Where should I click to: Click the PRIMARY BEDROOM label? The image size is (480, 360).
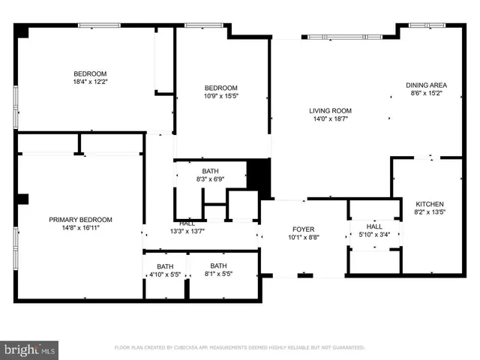coord(80,220)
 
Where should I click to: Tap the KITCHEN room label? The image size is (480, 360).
coord(429,204)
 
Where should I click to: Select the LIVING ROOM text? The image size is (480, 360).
coord(331,111)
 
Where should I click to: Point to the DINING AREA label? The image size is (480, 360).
coord(426,85)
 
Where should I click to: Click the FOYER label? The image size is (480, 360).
coord(303,229)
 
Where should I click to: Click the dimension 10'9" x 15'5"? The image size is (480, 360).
coord(221,96)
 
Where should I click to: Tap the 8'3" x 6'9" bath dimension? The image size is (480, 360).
coord(210,180)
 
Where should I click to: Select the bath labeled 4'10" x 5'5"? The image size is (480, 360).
coord(164,274)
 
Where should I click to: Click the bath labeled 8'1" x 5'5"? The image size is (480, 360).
coord(217,274)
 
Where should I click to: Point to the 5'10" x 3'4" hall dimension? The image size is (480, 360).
coord(374,235)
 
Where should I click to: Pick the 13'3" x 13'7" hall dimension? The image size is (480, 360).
coord(187,231)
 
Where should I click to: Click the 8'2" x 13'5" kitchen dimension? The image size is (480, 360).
coord(429,212)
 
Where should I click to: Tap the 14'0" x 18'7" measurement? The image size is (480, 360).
coord(331,119)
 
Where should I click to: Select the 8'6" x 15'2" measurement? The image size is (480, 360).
coord(426,94)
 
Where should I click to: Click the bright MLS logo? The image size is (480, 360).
coord(29,349)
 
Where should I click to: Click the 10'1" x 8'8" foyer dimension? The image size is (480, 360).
coord(303,238)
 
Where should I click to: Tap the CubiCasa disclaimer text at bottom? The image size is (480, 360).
coord(239,348)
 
